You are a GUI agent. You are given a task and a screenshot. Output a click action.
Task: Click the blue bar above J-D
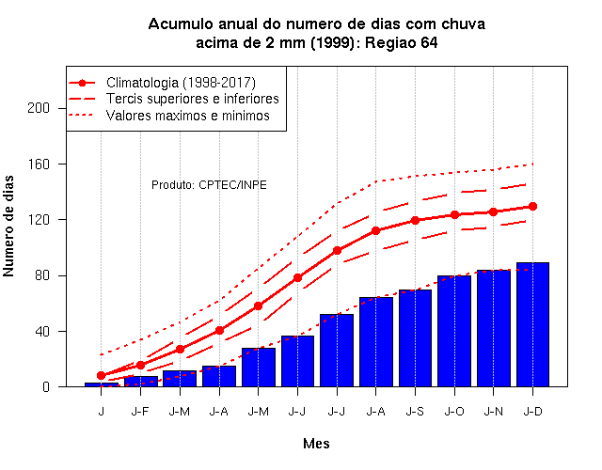(x=532, y=324)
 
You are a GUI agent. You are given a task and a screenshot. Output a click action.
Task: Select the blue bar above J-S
(x=415, y=338)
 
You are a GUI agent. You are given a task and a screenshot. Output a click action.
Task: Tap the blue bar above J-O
(x=454, y=331)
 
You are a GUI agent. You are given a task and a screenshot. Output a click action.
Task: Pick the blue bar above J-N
(x=493, y=328)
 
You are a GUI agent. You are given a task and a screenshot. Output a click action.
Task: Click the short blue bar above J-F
(x=140, y=382)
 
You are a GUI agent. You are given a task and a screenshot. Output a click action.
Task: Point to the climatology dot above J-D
(x=532, y=207)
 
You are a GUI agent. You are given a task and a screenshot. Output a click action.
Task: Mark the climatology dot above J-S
(x=415, y=220)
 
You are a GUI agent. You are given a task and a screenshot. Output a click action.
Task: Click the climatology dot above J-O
(x=454, y=215)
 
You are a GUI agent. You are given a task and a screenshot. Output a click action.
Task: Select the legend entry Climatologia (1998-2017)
(x=162, y=83)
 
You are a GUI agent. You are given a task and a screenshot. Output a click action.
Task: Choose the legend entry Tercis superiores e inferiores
(x=173, y=99)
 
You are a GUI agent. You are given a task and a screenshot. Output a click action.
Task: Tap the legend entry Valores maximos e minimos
(x=169, y=116)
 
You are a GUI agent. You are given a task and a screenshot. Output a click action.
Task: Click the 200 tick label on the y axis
(x=39, y=108)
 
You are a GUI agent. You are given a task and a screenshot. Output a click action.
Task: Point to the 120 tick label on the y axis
(x=39, y=220)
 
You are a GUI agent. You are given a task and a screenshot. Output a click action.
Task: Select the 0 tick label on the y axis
(x=46, y=386)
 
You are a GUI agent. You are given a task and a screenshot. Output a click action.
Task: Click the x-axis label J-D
(x=533, y=412)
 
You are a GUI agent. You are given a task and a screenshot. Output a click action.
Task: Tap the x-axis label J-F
(x=140, y=412)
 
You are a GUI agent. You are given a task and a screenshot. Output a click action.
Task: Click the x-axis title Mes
(x=316, y=444)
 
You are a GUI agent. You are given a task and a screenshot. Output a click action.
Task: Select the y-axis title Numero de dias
(x=8, y=226)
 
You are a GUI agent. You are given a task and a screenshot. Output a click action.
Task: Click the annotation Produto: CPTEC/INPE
(x=209, y=185)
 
